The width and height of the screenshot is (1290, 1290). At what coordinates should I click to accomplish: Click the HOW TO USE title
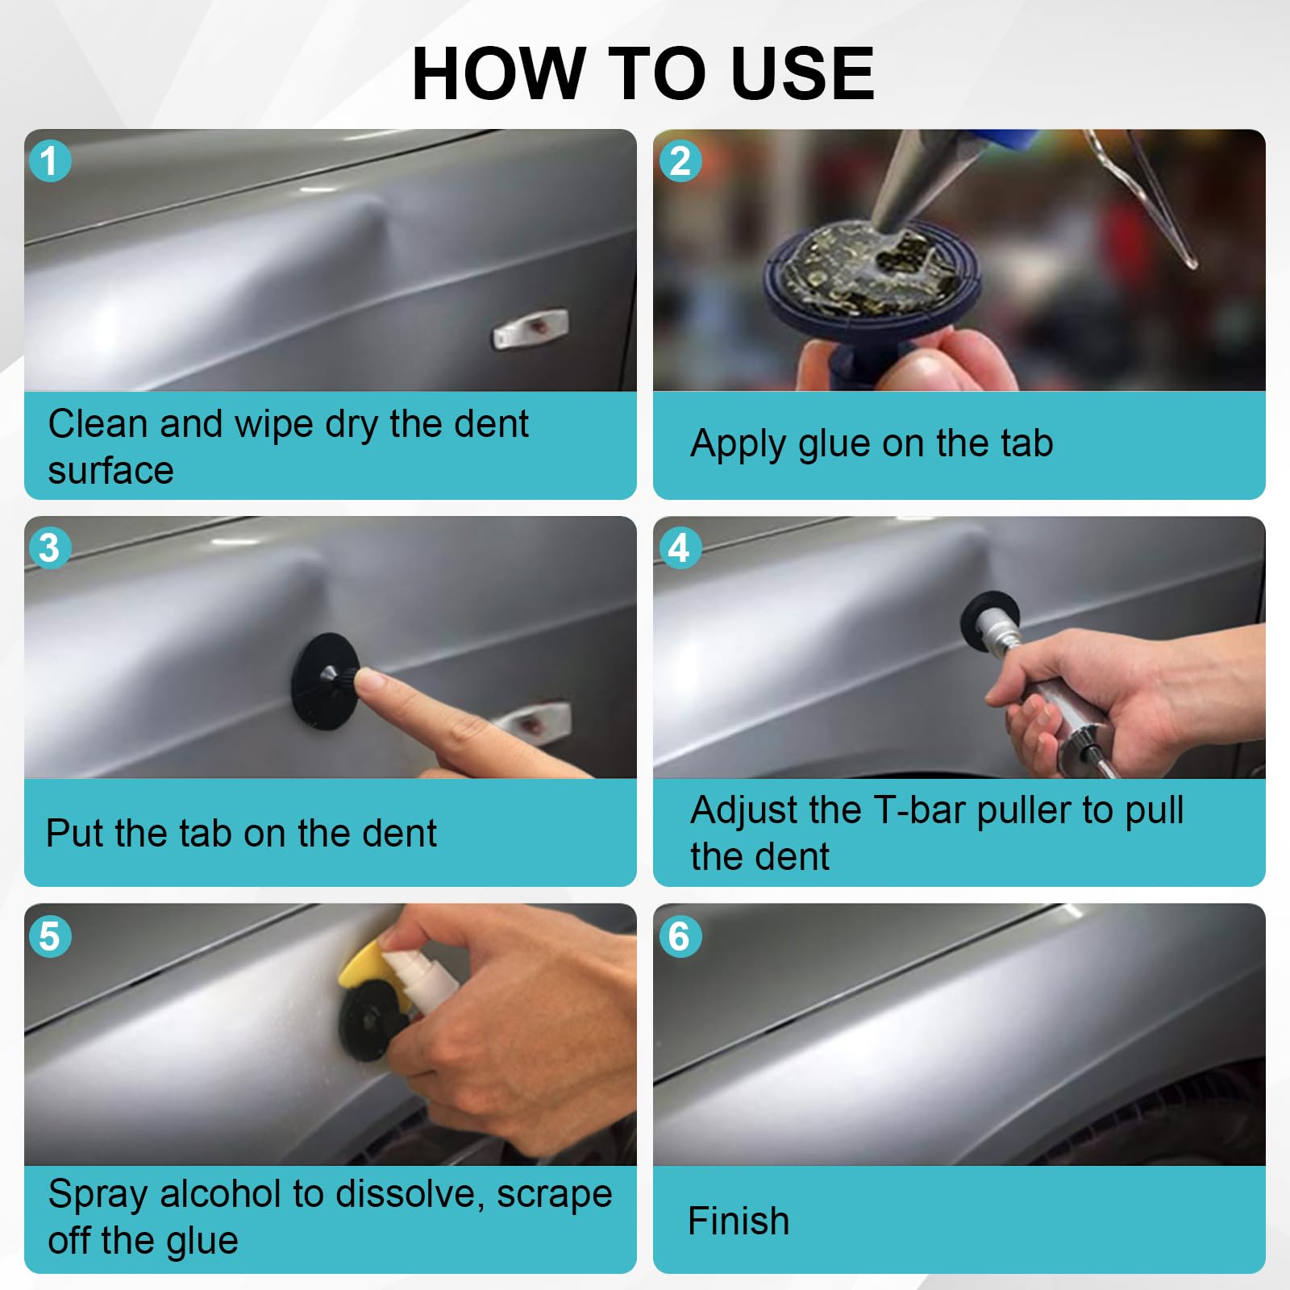click(643, 73)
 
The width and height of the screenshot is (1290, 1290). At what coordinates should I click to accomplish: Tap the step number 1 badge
click(50, 160)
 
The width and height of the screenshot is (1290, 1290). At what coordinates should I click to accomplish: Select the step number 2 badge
click(680, 160)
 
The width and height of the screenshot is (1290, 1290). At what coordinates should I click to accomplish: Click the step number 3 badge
click(50, 547)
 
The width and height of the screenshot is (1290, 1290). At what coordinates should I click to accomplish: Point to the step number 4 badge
click(680, 547)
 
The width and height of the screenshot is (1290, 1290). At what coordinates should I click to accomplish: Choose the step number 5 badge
click(50, 936)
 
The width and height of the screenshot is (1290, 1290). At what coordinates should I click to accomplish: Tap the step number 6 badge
click(680, 936)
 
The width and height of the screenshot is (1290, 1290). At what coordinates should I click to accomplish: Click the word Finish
click(739, 1221)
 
